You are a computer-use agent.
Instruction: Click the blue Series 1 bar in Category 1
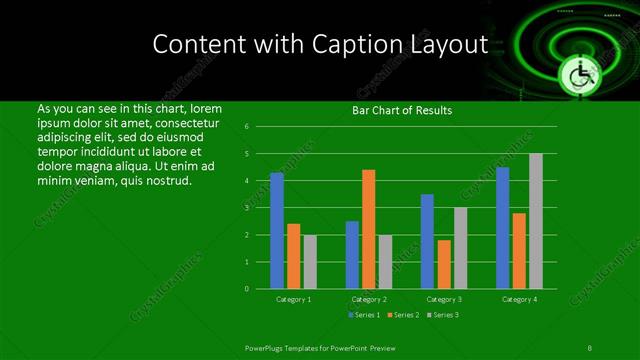tap(277, 230)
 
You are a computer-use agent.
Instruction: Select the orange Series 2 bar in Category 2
tap(368, 229)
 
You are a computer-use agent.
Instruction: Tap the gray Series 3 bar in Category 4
tap(535, 221)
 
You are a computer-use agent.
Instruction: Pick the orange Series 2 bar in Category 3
tap(444, 264)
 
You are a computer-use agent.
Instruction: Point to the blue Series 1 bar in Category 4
tap(503, 228)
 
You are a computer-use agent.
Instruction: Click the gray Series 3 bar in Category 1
tap(309, 261)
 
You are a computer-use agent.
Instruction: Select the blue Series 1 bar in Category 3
tap(428, 241)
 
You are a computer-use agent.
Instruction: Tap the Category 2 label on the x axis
tap(368, 299)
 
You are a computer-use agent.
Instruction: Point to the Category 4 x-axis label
tap(519, 299)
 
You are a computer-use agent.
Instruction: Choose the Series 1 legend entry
tap(364, 315)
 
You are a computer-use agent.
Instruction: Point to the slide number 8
tap(589, 347)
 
